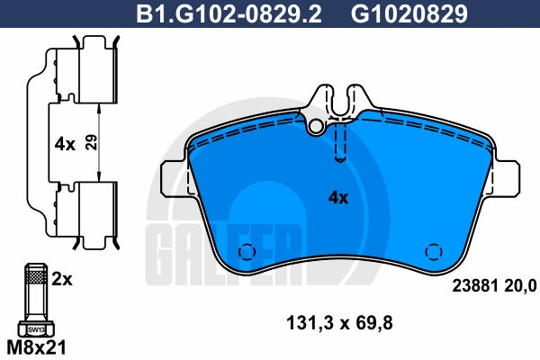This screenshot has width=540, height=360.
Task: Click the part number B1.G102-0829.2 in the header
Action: (x=229, y=13)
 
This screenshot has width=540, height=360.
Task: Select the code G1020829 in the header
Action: (x=409, y=13)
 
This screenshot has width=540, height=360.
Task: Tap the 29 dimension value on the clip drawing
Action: (x=91, y=142)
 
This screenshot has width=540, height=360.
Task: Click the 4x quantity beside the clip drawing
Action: (x=65, y=144)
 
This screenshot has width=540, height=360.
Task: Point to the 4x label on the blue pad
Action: (x=338, y=198)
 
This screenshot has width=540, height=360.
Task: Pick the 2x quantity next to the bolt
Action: (x=62, y=279)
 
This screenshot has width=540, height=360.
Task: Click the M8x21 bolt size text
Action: (x=37, y=347)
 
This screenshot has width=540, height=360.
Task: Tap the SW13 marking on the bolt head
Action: (x=36, y=329)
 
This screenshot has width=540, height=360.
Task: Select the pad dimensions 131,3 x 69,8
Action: (x=339, y=323)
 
